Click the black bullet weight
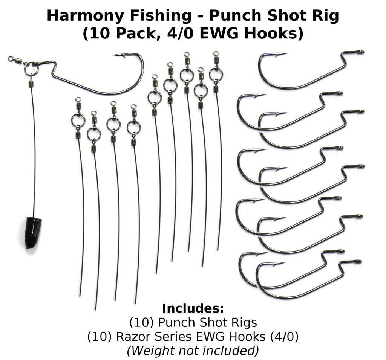tap(33, 232)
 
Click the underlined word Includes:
tap(193, 308)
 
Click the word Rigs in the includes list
tap(244, 323)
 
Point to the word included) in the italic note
tap(236, 351)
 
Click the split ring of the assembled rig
tap(31, 69)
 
